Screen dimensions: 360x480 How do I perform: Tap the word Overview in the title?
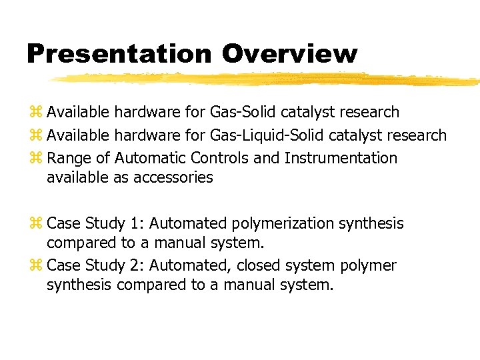[x=289, y=53]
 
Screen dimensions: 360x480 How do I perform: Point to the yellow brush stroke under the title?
[x=267, y=79]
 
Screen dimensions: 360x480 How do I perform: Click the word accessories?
[x=173, y=178]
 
